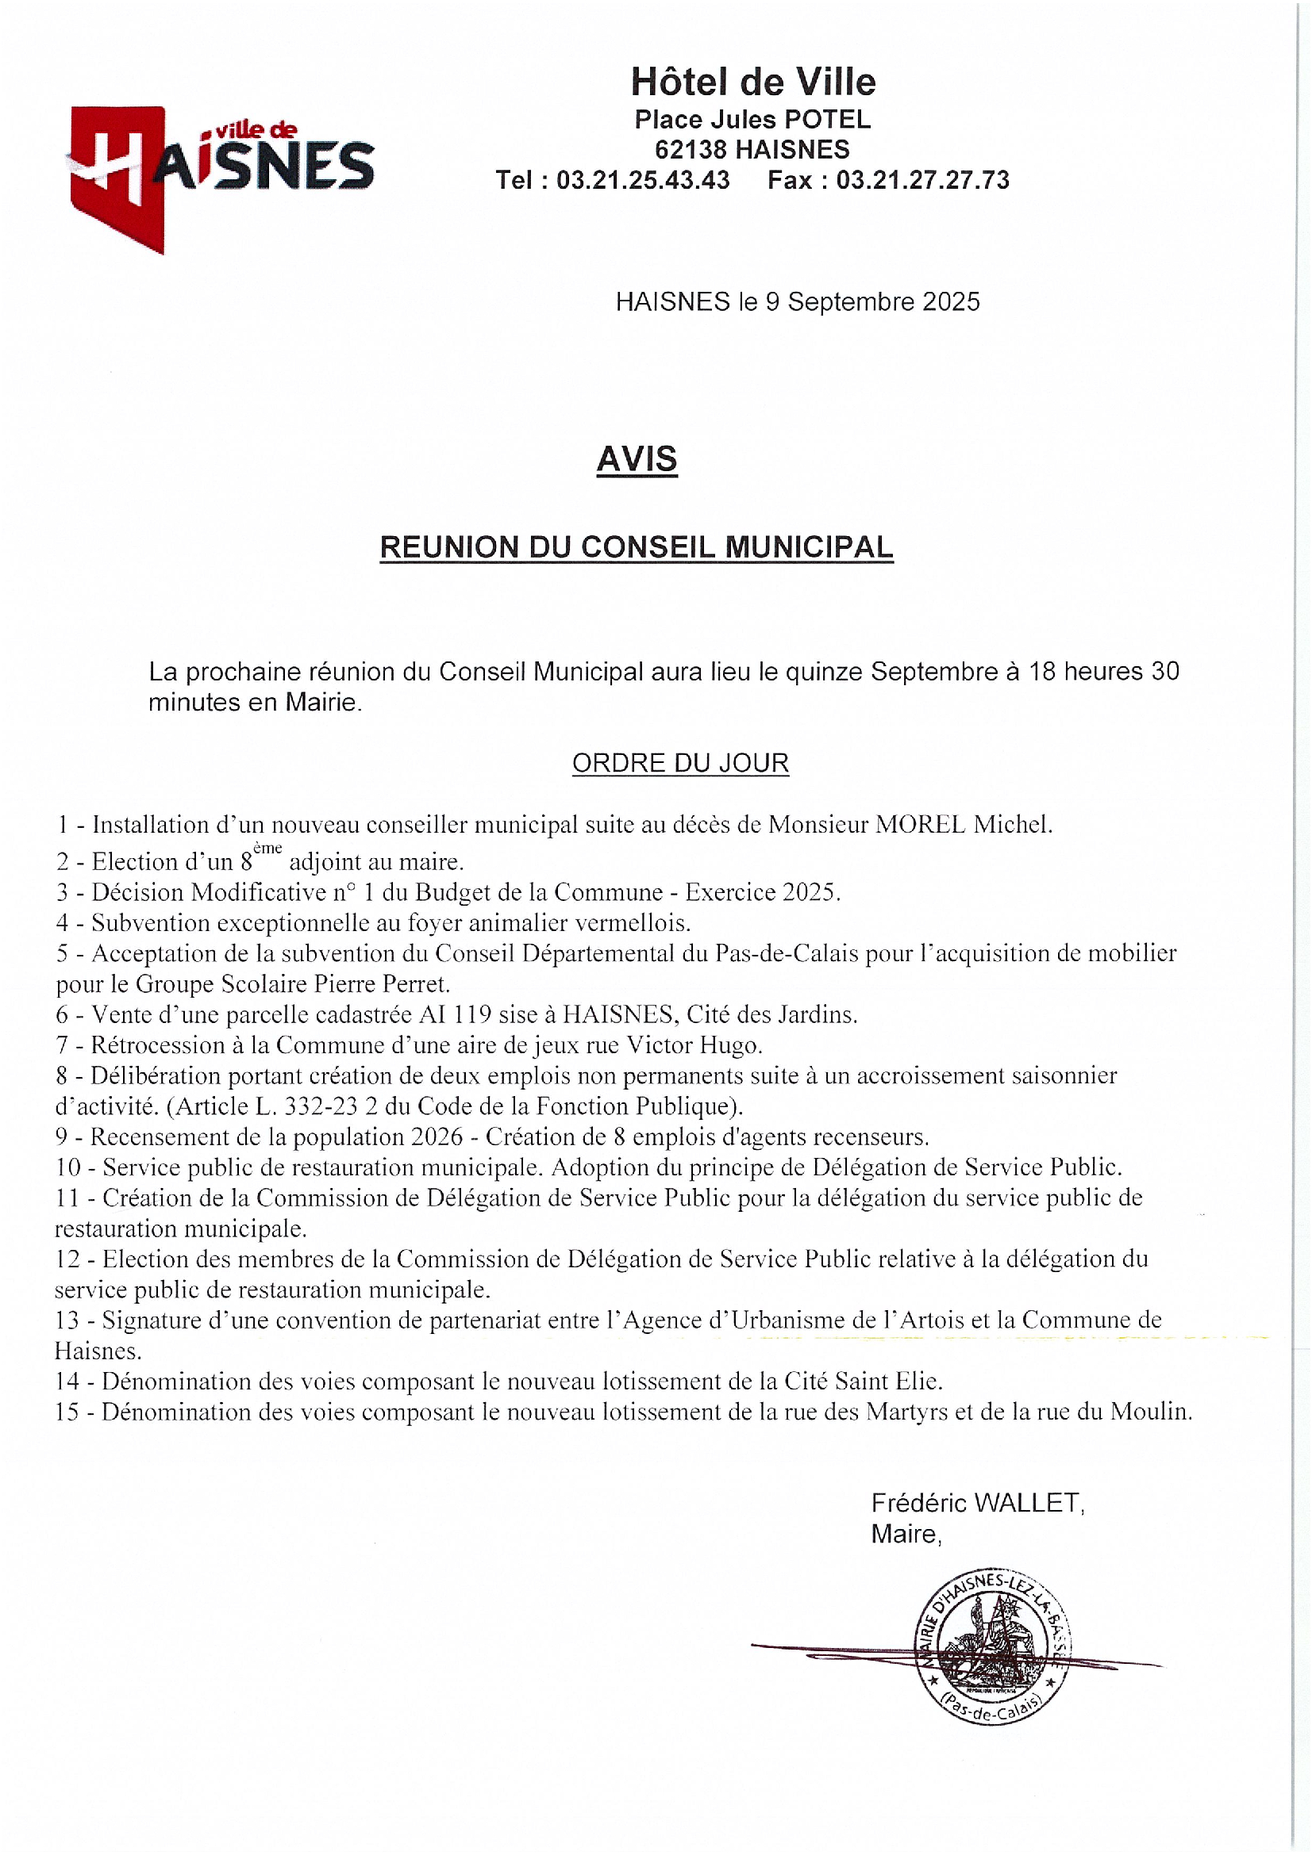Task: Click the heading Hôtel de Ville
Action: (x=752, y=82)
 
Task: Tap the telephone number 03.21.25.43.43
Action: (x=643, y=179)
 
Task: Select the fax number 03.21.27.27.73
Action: (x=922, y=179)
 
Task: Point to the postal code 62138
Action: (x=691, y=149)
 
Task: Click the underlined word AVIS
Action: (x=637, y=459)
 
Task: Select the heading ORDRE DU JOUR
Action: (x=680, y=763)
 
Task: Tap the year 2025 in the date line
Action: (x=951, y=301)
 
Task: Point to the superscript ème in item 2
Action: (x=267, y=849)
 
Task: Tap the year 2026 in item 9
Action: (x=437, y=1136)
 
